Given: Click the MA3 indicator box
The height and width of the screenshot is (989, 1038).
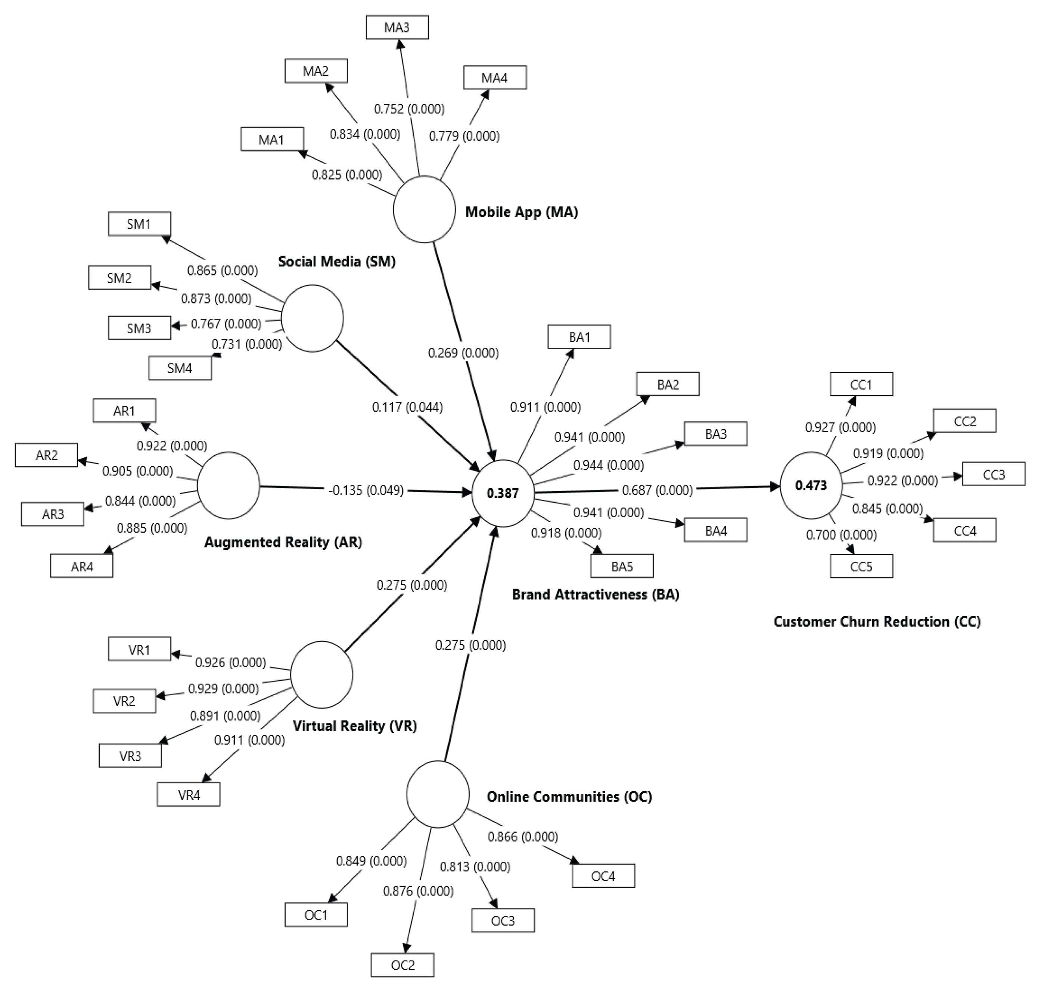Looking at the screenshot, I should point(397,27).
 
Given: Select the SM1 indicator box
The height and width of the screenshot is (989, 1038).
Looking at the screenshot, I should point(139,224).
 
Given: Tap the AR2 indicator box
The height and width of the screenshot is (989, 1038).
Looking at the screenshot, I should point(46,455).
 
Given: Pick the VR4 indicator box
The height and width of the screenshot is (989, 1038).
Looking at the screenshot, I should point(188,795).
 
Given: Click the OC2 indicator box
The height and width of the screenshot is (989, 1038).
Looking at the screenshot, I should point(403,965).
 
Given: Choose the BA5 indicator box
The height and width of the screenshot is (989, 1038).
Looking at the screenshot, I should point(622,566).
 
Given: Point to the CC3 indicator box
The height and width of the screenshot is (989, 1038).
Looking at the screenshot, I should point(994,474).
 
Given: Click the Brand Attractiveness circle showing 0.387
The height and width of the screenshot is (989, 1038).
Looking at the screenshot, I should point(503,493).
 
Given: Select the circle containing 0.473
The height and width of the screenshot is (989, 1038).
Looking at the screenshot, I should point(811,485).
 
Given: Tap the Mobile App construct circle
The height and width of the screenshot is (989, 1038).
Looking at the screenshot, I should point(424,210).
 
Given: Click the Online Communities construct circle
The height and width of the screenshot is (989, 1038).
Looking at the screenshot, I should point(438,794).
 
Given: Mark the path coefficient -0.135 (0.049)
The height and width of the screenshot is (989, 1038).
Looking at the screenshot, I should point(366,490).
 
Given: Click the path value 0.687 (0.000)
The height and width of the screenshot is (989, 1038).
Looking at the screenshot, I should point(657,490).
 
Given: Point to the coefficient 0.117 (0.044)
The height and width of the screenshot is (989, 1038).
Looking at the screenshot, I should point(407,407).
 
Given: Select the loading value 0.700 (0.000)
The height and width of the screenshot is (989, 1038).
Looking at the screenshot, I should point(841,534).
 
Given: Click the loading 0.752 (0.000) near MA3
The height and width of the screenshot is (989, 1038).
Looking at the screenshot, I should point(409,109).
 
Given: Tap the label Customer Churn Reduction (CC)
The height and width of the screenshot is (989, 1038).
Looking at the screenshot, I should point(877,621).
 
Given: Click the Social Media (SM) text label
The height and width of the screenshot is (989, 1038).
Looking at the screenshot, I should point(336,262).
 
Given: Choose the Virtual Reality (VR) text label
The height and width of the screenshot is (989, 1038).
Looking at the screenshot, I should point(354,726).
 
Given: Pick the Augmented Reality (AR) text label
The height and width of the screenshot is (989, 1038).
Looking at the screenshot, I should point(283,542).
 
